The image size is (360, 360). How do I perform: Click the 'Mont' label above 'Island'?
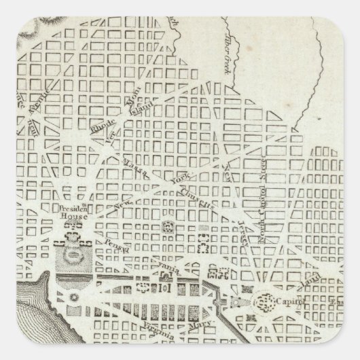point(134,92)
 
